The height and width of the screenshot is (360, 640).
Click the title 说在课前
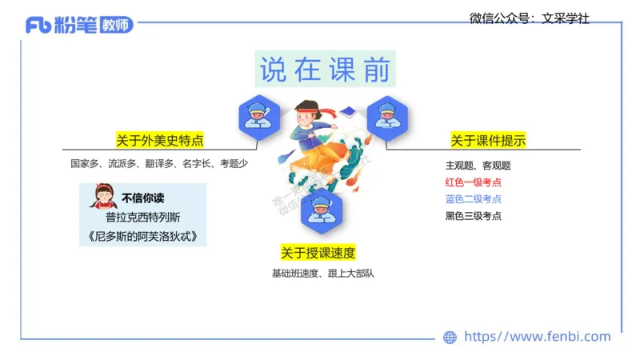tap(324, 70)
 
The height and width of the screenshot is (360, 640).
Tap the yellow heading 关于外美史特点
tap(159, 141)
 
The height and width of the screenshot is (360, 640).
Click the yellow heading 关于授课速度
tap(318, 253)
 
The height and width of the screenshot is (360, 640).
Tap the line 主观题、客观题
tap(478, 166)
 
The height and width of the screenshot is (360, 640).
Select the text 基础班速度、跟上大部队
tap(322, 274)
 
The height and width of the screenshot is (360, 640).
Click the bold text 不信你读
tap(142, 198)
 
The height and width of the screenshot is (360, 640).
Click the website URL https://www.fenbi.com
tap(537, 337)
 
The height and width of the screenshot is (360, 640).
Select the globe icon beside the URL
tap(450, 338)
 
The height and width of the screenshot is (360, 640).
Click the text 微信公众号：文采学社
tap(529, 18)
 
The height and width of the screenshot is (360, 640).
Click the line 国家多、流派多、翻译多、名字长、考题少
tap(159, 164)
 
